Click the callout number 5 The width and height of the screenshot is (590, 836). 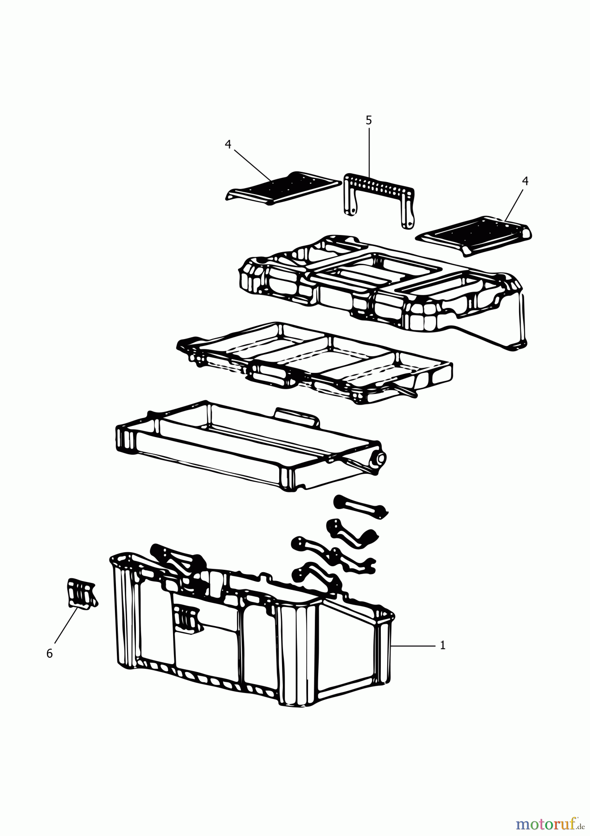pyautogui.click(x=369, y=120)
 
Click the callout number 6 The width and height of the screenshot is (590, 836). pyautogui.click(x=50, y=653)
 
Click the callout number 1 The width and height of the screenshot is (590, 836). pyautogui.click(x=442, y=645)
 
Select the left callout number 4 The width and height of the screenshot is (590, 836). pyautogui.click(x=228, y=144)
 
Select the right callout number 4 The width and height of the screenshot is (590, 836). pyautogui.click(x=525, y=181)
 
